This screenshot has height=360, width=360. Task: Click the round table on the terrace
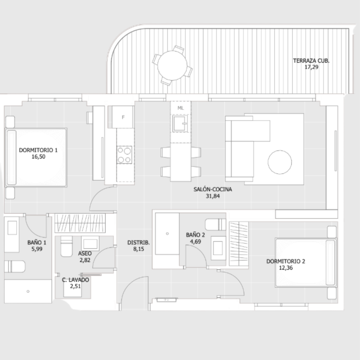click(172, 66)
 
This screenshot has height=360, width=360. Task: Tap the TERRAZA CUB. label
click(311, 61)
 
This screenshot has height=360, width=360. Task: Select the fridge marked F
click(123, 117)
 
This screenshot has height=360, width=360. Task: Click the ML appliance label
click(181, 108)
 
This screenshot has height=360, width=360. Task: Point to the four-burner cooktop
click(124, 155)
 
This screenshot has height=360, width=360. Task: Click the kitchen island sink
click(180, 123)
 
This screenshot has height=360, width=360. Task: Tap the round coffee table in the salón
click(280, 162)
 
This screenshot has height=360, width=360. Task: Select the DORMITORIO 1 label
click(38, 150)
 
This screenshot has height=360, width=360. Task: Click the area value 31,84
click(213, 196)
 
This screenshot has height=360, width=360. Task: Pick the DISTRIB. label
click(139, 242)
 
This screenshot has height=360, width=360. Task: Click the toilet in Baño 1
click(15, 266)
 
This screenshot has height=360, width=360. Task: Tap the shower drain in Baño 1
click(28, 291)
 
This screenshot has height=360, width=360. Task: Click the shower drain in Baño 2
click(167, 234)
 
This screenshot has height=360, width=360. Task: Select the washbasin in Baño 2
click(218, 248)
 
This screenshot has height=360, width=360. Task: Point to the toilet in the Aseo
click(67, 246)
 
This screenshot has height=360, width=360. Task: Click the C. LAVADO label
click(76, 280)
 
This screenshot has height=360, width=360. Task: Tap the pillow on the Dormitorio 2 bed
click(330, 262)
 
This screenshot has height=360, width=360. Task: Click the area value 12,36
click(286, 268)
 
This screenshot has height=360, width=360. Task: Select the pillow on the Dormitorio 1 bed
click(12, 158)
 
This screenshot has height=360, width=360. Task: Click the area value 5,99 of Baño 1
click(37, 249)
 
